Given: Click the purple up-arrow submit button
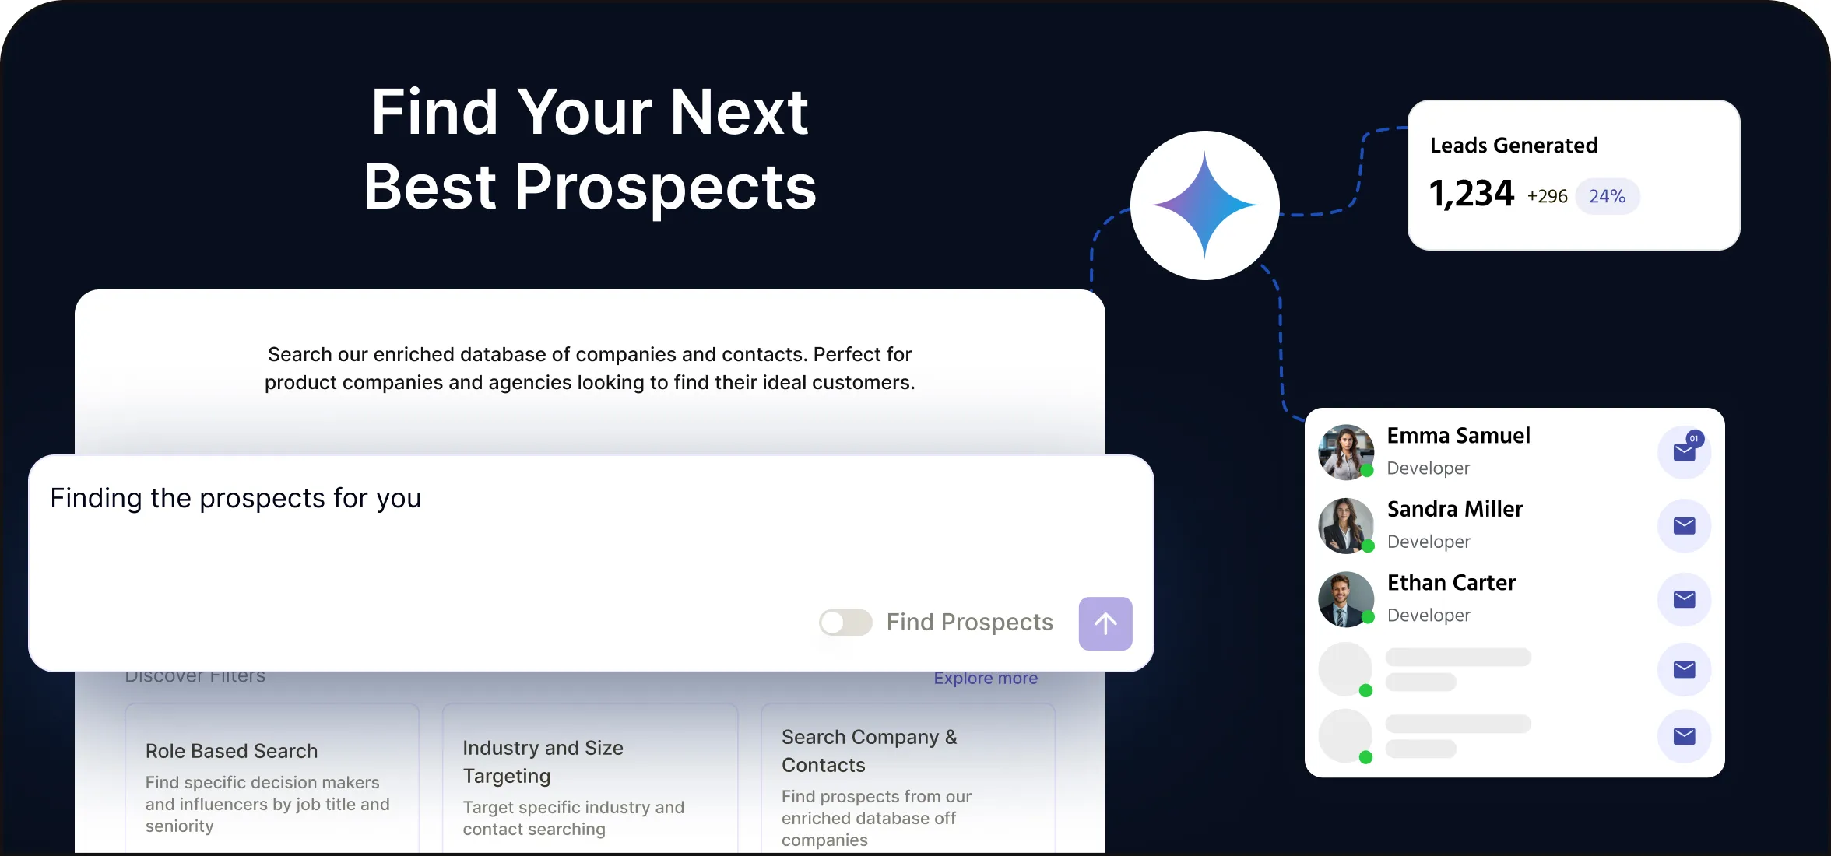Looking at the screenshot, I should click(x=1105, y=623).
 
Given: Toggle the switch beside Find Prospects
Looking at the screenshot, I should click(x=845, y=623).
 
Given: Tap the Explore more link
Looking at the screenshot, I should click(x=986, y=679).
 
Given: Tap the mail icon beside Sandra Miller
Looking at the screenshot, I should click(x=1684, y=526).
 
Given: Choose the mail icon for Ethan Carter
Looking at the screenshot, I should click(x=1684, y=599).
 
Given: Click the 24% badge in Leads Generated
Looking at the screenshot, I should click(x=1607, y=196).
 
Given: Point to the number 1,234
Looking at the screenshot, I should click(x=1471, y=194).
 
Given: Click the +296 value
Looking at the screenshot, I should click(x=1547, y=196).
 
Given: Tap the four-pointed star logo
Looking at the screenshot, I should click(x=1204, y=205).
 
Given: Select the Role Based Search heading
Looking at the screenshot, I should click(x=231, y=751).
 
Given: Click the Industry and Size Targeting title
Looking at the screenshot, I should click(x=543, y=762).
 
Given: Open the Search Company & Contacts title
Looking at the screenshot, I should click(x=869, y=751).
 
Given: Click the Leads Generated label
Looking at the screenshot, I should click(x=1513, y=146).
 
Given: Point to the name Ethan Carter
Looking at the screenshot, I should click(x=1451, y=583).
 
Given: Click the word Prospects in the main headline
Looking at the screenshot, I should click(x=665, y=188).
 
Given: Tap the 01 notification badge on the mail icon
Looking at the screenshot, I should click(x=1695, y=439).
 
